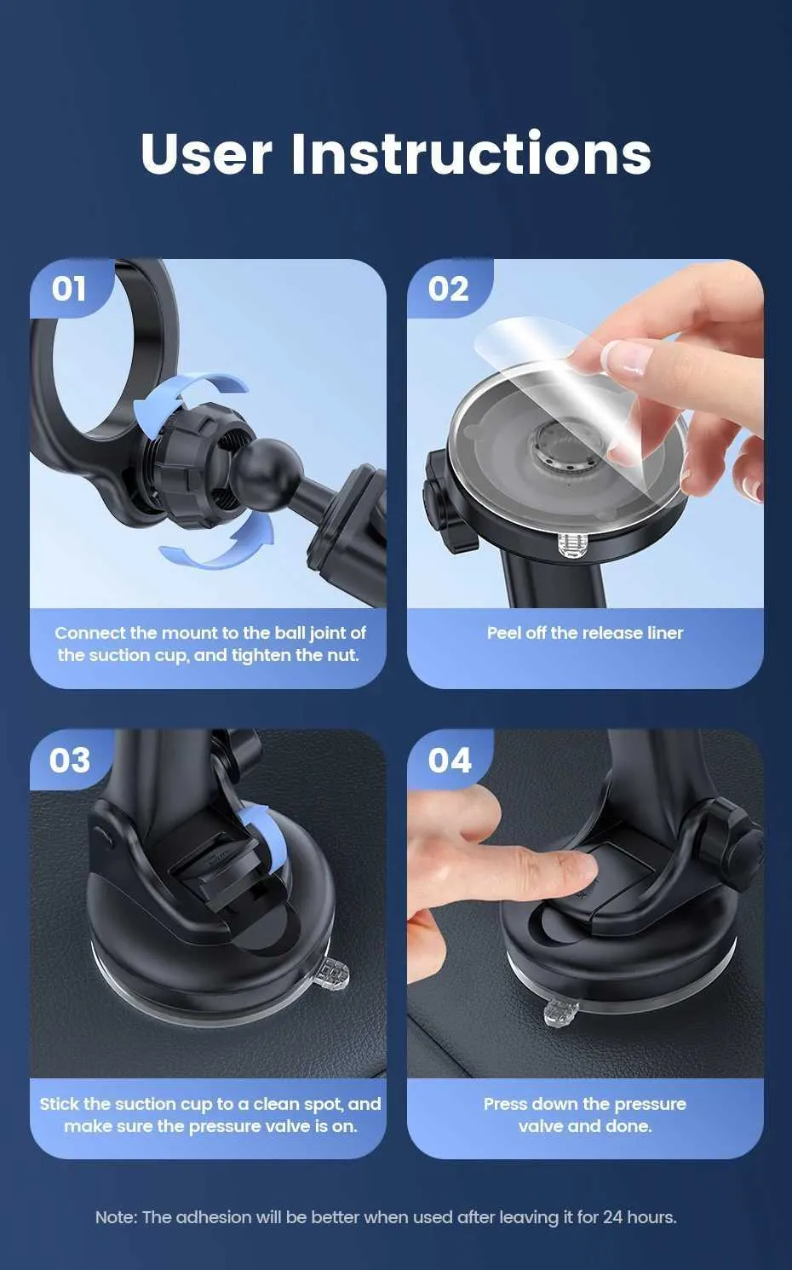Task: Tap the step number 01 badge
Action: [x=69, y=289]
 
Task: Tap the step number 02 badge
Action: [x=449, y=289]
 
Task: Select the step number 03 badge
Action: [x=69, y=761]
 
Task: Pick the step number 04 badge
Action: [x=450, y=761]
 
